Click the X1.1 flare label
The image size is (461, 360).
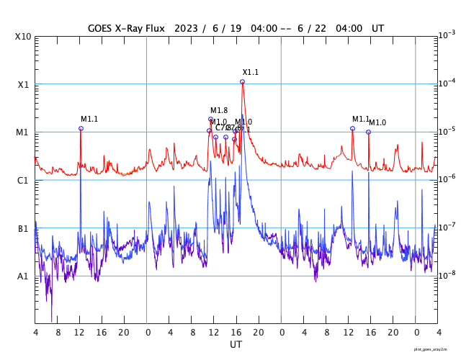[250, 72]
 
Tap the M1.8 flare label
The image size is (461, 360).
[219, 110]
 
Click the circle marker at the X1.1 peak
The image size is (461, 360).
[242, 81]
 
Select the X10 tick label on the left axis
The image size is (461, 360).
[22, 37]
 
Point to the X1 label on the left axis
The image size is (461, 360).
[24, 84]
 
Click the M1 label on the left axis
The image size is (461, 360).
[23, 132]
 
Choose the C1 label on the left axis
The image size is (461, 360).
[23, 180]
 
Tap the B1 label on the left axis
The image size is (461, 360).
[23, 228]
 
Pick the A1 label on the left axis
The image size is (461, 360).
[23, 276]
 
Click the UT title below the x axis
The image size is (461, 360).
[236, 345]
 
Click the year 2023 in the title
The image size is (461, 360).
[186, 28]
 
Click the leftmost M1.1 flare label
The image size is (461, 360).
[89, 119]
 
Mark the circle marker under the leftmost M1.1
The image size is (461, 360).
[81, 128]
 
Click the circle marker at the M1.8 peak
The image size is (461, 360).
[210, 119]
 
